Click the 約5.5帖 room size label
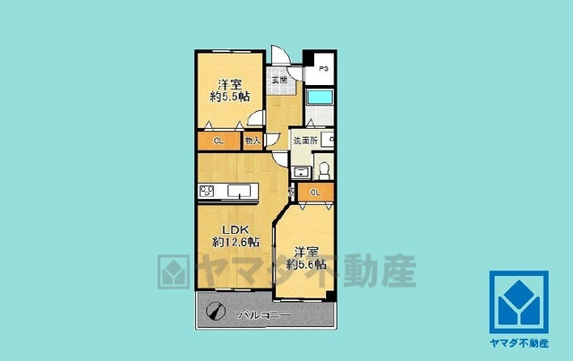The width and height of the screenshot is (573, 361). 230,96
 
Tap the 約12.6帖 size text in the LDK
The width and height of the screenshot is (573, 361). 235,242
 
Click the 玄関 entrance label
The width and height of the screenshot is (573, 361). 280,80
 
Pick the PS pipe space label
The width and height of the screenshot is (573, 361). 323,66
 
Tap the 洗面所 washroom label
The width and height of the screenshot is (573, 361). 304,140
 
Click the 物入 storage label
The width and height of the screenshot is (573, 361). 252,141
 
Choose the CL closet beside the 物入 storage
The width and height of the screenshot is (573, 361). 218,141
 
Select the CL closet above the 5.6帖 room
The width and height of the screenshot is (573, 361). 315,193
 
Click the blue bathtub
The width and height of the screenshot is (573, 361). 320,99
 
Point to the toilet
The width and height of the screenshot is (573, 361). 324,170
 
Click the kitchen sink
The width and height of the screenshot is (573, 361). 241,190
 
